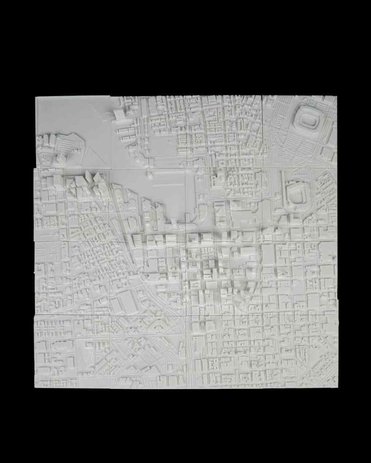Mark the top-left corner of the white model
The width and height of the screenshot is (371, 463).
coord(36,97)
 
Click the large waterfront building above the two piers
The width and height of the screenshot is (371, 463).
coord(120,114)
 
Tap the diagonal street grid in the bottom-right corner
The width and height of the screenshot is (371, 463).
coord(320,363)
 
